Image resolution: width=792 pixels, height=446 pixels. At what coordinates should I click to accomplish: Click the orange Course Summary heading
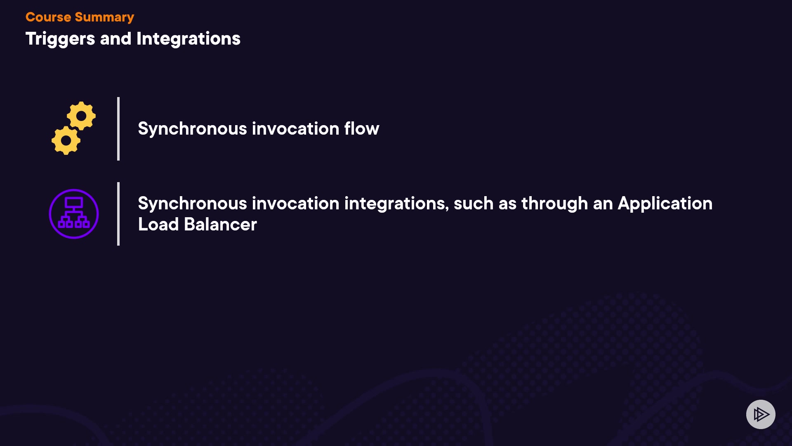[x=80, y=17]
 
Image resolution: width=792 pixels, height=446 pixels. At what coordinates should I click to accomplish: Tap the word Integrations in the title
[x=189, y=39]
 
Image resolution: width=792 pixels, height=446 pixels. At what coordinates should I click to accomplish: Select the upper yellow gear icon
[x=82, y=116]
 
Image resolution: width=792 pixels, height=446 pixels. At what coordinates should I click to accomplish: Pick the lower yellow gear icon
[x=66, y=141]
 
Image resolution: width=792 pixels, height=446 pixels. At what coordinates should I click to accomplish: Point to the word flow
[x=362, y=128]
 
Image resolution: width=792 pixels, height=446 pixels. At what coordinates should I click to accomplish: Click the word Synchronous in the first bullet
[x=192, y=129]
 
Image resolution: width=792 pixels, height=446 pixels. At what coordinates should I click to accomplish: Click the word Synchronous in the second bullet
[x=192, y=204]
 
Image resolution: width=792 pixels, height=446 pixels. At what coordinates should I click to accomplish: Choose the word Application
[x=665, y=204]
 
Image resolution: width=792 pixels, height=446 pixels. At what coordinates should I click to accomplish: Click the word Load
[x=158, y=224]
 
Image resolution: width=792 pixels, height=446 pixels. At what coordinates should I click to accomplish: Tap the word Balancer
[x=220, y=224]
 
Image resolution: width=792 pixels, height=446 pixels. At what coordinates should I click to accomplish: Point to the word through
[x=554, y=204]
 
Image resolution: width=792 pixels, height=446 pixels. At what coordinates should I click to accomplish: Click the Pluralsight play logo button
[x=761, y=414]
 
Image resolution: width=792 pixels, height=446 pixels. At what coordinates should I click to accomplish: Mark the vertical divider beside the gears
[x=118, y=129]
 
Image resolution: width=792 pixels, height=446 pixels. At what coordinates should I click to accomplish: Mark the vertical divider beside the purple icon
[x=118, y=214]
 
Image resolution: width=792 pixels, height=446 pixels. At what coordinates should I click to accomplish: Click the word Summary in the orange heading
[x=104, y=17]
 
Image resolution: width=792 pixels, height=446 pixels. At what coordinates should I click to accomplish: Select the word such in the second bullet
[x=474, y=204]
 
